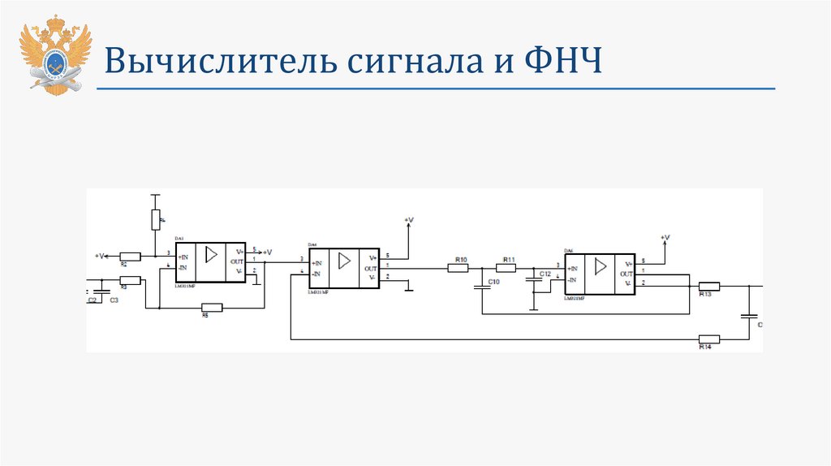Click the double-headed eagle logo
pyautogui.click(x=55, y=54)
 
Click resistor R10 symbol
pyautogui.click(x=459, y=268)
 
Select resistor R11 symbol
pyautogui.click(x=506, y=268)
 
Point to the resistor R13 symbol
pyautogui.click(x=708, y=286)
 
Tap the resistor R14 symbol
pyautogui.click(x=708, y=339)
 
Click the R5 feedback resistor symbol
pyautogui.click(x=211, y=307)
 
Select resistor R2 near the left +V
pyautogui.click(x=130, y=256)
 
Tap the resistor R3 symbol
pyautogui.click(x=130, y=280)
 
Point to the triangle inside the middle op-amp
pyautogui.click(x=344, y=261)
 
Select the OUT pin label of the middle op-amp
pyautogui.click(x=371, y=269)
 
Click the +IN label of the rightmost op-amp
pyautogui.click(x=573, y=269)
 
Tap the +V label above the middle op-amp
pyautogui.click(x=408, y=220)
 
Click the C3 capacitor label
pyautogui.click(x=114, y=300)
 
